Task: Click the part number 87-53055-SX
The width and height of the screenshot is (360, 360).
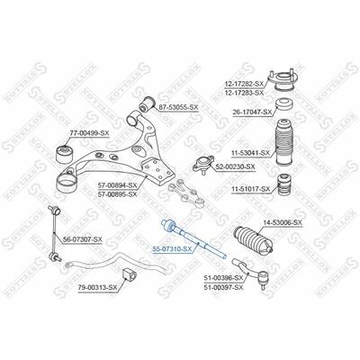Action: [178, 107]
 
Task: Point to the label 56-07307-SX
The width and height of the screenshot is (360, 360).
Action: [83, 239]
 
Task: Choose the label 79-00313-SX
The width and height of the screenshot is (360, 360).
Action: [97, 288]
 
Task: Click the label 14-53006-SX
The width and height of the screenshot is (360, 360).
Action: [283, 222]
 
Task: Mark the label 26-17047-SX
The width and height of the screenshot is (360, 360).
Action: [252, 112]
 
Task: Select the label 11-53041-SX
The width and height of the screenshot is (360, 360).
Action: [250, 153]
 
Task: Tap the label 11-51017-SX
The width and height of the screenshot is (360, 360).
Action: [250, 189]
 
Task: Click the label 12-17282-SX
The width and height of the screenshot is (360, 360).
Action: [244, 84]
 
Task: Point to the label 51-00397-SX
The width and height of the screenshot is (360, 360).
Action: [223, 288]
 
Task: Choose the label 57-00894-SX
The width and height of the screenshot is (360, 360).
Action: [117, 185]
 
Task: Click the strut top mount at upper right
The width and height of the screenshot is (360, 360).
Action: [283, 81]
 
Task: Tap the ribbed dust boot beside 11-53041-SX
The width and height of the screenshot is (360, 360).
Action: [284, 142]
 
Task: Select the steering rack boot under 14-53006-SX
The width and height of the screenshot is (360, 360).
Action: [253, 239]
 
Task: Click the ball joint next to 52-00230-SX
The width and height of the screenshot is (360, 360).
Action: [202, 164]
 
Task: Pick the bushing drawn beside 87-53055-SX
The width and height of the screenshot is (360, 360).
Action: [147, 103]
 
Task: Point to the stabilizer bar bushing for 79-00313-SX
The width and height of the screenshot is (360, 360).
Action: [128, 275]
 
